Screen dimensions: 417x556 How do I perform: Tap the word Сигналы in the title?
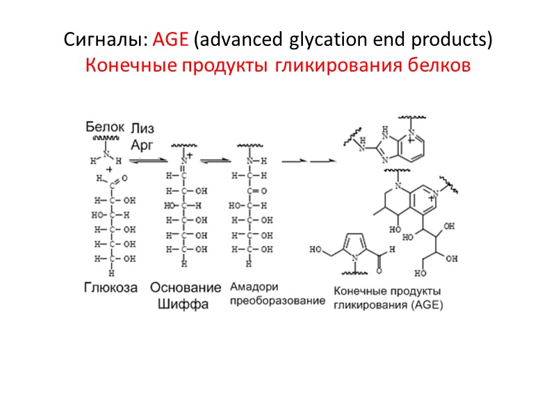click(106, 40)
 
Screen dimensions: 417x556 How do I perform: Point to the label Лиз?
click(142, 129)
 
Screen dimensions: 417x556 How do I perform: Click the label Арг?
click(142, 143)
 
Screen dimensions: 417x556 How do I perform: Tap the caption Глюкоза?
click(111, 287)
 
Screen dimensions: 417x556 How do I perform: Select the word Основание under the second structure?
click(186, 287)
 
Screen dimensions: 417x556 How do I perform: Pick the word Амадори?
click(253, 287)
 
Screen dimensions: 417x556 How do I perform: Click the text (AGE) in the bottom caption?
click(423, 304)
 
